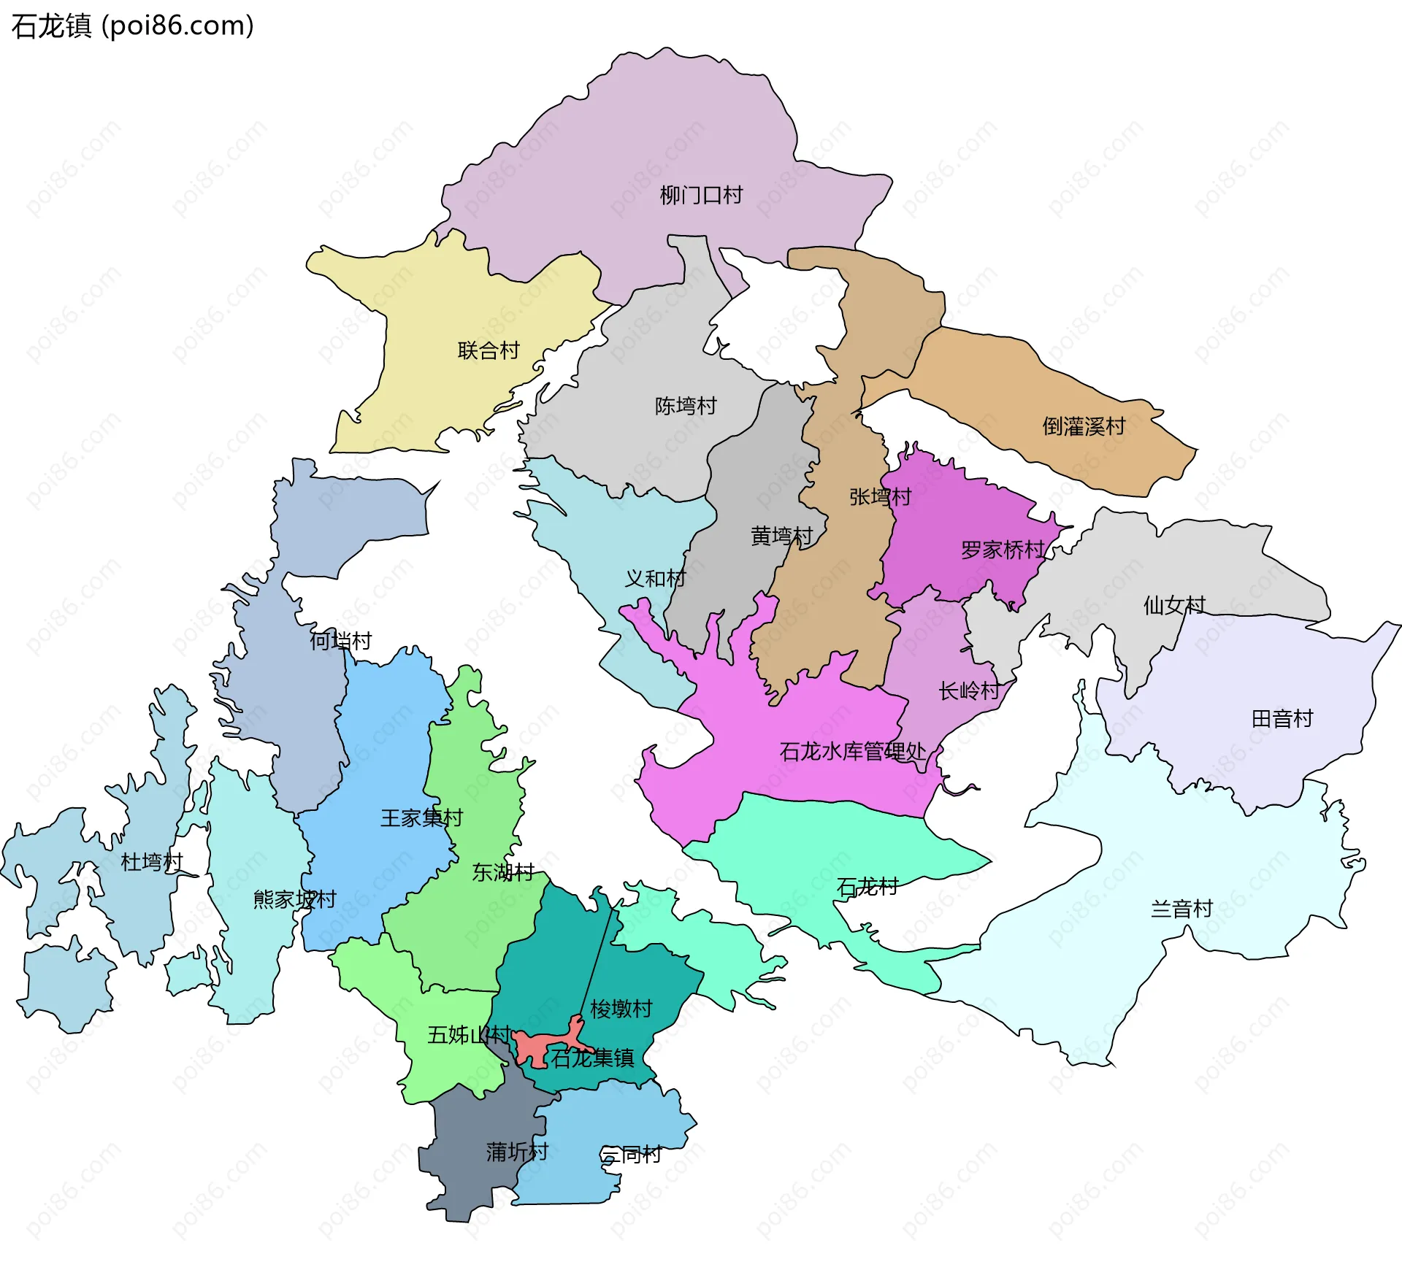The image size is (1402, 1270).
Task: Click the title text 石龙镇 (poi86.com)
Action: [x=132, y=26]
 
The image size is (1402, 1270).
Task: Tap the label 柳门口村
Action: [x=701, y=195]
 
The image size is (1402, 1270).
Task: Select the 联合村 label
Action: [x=489, y=350]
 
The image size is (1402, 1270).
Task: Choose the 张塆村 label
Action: [x=880, y=496]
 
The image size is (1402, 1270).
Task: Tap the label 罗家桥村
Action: [x=1003, y=549]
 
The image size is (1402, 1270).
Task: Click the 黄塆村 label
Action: [x=781, y=536]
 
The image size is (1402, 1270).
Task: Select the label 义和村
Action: [x=655, y=578]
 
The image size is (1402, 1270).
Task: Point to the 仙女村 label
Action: [x=1174, y=604]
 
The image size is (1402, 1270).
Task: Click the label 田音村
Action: [x=1282, y=718]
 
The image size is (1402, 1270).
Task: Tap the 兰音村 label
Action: [x=1181, y=908]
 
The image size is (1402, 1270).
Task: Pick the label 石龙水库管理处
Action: [x=852, y=751]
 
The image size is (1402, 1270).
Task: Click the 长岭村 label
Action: [x=969, y=690]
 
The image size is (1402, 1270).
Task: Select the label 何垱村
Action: [x=341, y=640]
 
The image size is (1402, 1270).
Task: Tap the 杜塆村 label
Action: [x=152, y=861]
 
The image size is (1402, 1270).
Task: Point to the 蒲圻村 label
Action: [x=517, y=1152]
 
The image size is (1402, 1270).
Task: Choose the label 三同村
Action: [x=631, y=1154]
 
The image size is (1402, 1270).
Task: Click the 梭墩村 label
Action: [x=621, y=1009]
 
